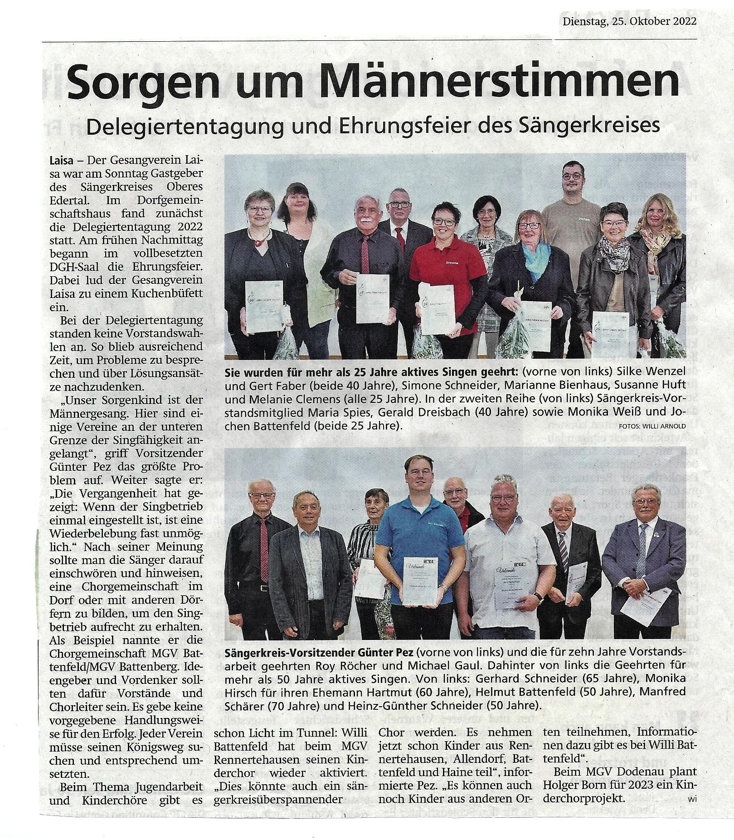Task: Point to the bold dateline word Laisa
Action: pyautogui.click(x=61, y=161)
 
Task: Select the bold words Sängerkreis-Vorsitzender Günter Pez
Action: pyautogui.click(x=318, y=654)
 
